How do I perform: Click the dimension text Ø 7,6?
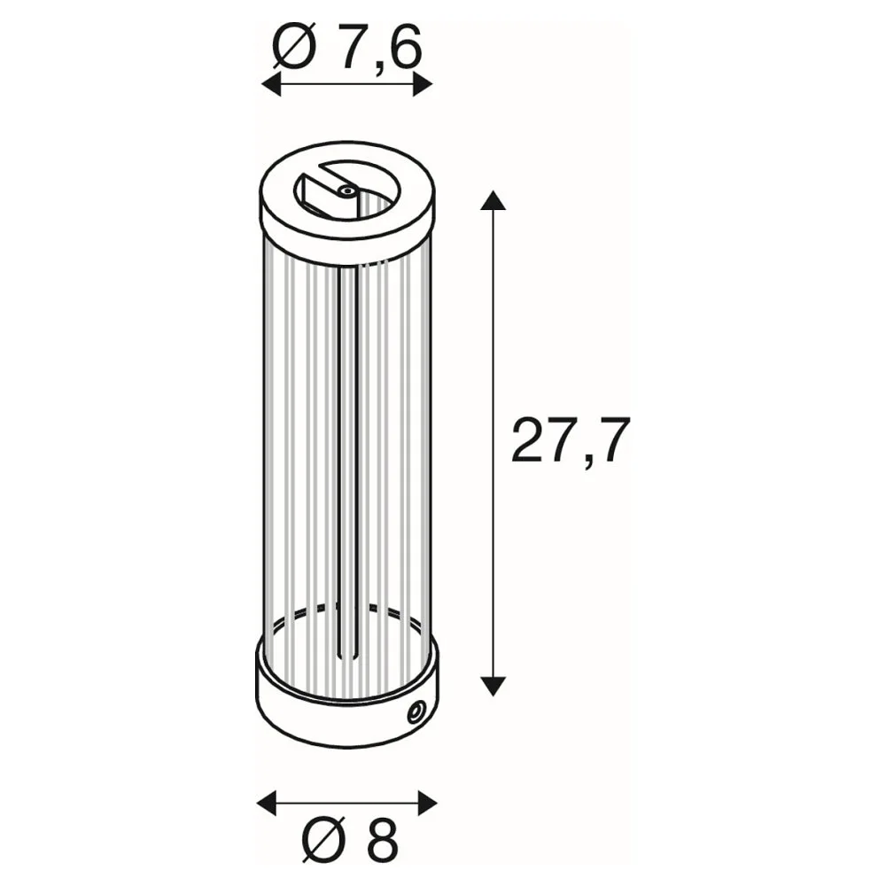(347, 48)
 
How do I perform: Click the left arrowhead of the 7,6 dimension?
(272, 85)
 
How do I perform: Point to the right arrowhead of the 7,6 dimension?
(422, 85)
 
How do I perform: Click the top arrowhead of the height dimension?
(493, 200)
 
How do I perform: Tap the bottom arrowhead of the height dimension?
(493, 686)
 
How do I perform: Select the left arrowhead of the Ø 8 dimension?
(267, 803)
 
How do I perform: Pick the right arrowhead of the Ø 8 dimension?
(427, 803)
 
